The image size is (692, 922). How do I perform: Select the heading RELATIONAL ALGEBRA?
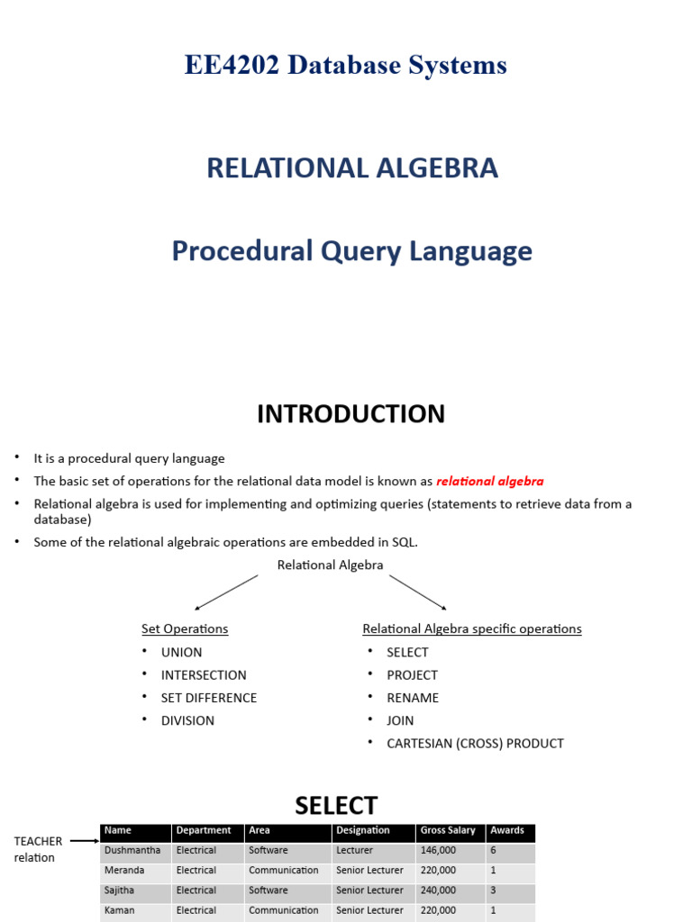(352, 167)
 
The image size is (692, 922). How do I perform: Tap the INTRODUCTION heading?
(351, 414)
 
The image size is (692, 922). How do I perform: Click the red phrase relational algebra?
(490, 482)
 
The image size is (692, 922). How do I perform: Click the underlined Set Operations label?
(185, 628)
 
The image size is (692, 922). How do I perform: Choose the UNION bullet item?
(181, 652)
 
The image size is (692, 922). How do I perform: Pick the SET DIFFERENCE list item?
(208, 698)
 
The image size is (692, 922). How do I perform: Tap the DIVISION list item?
(187, 720)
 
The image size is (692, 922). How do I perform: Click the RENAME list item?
(413, 698)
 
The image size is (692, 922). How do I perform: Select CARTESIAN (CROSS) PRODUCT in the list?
(475, 744)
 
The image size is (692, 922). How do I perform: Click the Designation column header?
(363, 830)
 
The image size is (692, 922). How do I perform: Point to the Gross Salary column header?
(448, 830)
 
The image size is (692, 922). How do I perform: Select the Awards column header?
(507, 830)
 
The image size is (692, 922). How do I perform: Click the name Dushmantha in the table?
(132, 850)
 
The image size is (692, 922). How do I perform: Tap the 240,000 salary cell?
(438, 890)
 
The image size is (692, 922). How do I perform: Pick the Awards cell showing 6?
(493, 850)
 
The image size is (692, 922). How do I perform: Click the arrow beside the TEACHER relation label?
(84, 841)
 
